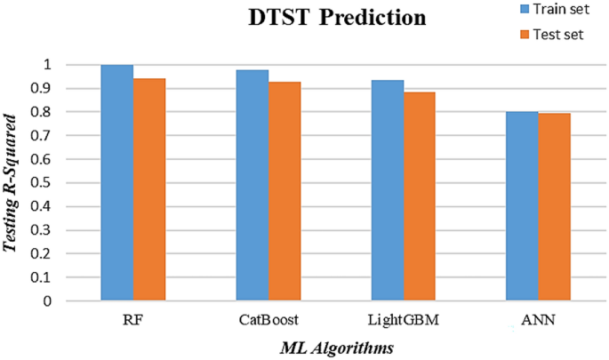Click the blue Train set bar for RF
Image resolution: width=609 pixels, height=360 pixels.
pos(116,182)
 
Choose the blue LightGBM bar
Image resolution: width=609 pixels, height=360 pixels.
pos(388,190)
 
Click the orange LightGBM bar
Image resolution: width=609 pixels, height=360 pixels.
pos(420,196)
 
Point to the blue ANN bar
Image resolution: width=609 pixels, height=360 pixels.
pos(523,206)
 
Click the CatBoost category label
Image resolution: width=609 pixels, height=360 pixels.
pos(267,318)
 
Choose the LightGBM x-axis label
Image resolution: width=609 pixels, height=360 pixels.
pos(403,318)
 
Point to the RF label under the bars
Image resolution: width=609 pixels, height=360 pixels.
pos(132,318)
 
